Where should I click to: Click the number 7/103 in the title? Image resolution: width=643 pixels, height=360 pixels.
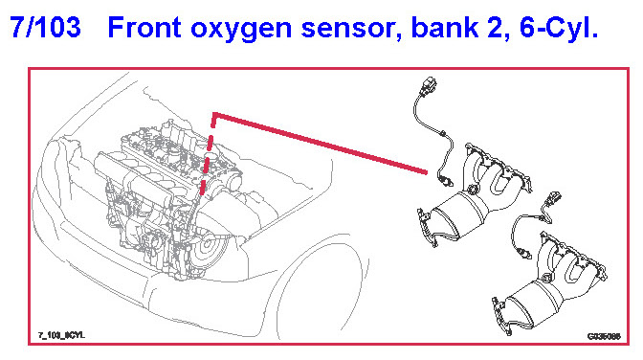tap(46, 28)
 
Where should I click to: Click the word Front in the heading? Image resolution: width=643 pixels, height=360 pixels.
tap(144, 28)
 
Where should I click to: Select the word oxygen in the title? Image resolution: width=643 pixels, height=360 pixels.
tap(242, 30)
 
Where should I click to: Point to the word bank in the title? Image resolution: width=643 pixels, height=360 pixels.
tap(445, 28)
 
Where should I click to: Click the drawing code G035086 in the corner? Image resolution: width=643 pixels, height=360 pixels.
tap(604, 337)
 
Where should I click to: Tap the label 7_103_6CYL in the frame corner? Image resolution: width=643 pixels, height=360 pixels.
tap(61, 335)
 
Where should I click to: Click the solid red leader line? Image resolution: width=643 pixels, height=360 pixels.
tap(321, 144)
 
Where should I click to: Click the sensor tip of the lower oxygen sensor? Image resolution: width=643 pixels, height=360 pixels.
tap(524, 253)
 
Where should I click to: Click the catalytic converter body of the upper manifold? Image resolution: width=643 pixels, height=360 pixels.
tap(458, 216)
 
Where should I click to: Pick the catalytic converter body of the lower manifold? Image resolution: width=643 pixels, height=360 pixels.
tap(534, 302)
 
